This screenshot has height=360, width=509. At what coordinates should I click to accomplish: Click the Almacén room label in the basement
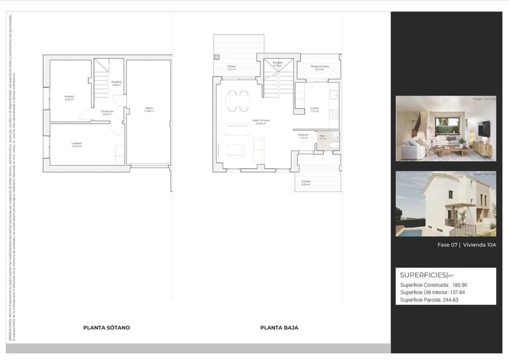click(69, 97)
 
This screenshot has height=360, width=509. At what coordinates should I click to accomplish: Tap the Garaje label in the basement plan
click(148, 108)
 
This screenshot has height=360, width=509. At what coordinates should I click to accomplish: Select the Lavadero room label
click(76, 144)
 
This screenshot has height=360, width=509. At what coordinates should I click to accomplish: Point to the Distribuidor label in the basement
click(106, 112)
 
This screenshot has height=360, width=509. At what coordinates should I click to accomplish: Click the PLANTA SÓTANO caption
click(106, 328)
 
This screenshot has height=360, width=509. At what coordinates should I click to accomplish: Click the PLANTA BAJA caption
click(279, 328)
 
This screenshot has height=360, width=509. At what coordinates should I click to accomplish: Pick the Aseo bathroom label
click(322, 136)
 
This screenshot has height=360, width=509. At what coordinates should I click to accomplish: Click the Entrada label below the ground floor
click(306, 182)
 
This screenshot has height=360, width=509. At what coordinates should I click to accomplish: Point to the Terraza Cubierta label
click(319, 66)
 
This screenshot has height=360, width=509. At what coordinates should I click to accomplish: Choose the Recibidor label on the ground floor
click(303, 135)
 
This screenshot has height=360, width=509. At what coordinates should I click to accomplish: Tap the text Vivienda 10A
click(480, 245)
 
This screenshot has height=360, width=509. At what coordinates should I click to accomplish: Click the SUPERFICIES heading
click(424, 275)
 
